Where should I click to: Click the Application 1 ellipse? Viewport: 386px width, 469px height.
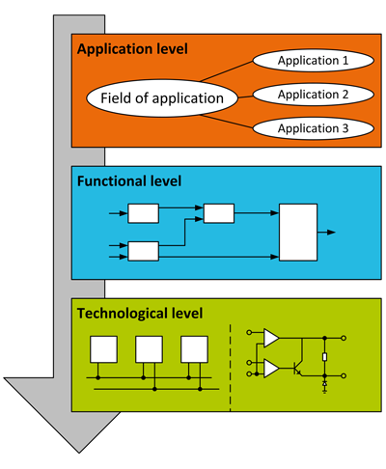[x=314, y=61]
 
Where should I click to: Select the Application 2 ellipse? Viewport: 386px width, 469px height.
[x=314, y=95]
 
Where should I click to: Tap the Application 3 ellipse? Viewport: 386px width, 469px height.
[x=314, y=128]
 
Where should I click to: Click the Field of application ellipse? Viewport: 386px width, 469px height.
[x=162, y=98]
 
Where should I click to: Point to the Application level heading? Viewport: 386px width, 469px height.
[x=132, y=49]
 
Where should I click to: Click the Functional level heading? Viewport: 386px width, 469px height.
[x=129, y=181]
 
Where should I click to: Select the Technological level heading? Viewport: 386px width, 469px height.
[x=140, y=314]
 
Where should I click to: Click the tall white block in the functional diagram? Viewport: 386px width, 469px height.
[x=298, y=233]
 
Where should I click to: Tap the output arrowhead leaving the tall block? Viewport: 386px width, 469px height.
[x=331, y=232]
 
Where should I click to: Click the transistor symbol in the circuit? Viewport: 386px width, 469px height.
[x=297, y=368]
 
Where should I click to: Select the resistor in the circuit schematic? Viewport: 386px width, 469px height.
[x=324, y=357]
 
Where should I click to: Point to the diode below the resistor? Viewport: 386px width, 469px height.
[x=324, y=384]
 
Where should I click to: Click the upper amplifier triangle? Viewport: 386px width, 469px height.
[x=271, y=338]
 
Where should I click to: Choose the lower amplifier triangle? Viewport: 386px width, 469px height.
[x=271, y=369]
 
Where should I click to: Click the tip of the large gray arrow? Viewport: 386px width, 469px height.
[x=79, y=453]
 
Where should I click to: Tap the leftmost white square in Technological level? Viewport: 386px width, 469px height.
[x=103, y=349]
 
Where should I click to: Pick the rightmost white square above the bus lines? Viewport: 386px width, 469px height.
[x=194, y=349]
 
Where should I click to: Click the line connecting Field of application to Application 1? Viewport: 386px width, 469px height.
[x=227, y=70]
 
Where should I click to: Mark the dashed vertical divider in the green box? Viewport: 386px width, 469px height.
[x=231, y=368]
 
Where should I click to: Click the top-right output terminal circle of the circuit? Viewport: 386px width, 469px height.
[x=344, y=338]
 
